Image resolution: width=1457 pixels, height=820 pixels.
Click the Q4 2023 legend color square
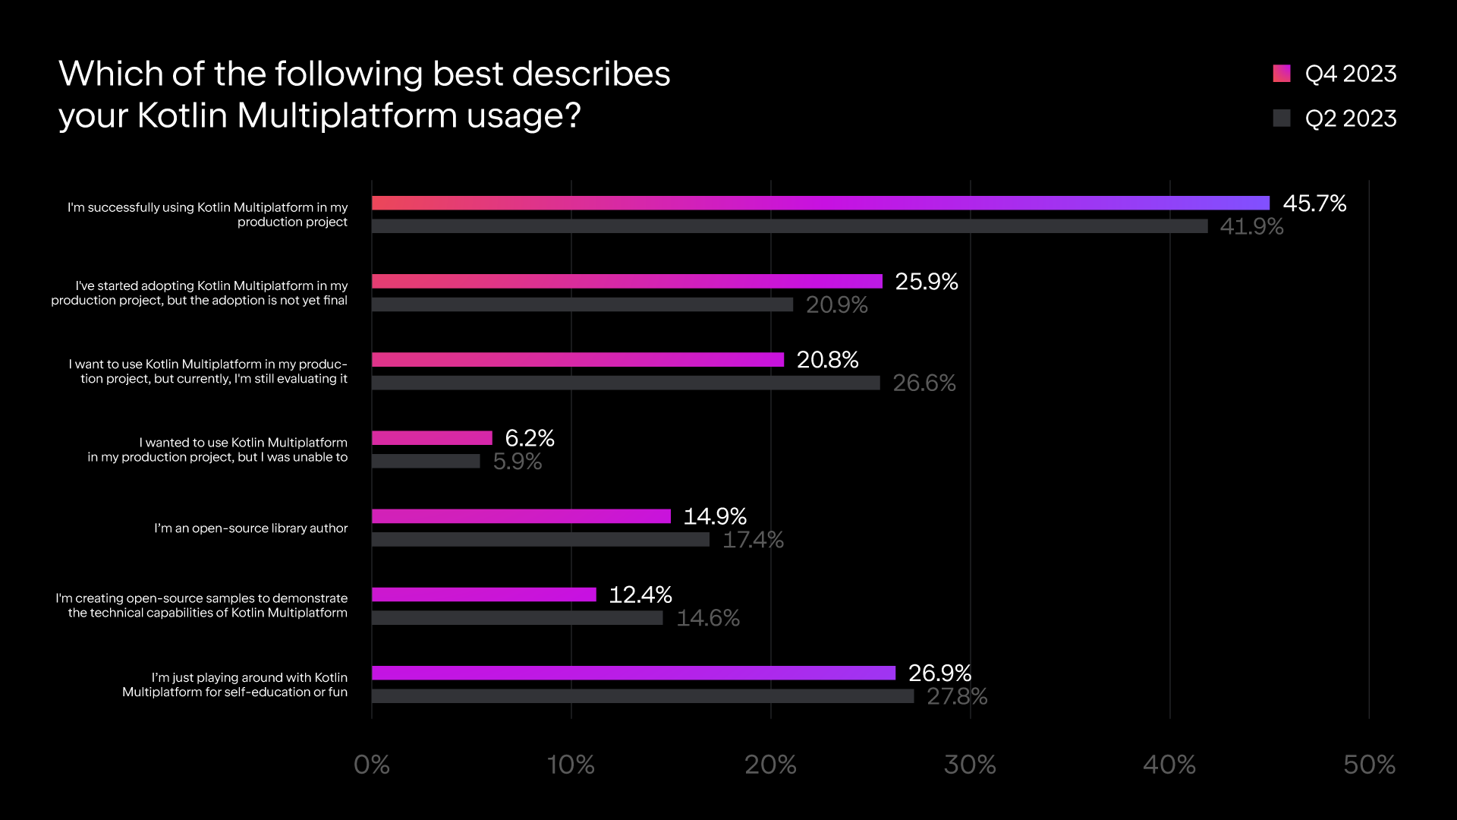pos(1282,74)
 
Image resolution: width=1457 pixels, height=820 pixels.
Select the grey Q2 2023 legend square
pos(1282,118)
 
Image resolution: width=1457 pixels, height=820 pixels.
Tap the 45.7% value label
pos(1314,203)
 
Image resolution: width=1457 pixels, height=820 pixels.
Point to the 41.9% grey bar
pos(789,226)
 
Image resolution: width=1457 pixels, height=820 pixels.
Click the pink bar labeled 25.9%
pos(627,282)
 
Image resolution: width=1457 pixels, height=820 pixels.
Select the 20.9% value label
pos(836,305)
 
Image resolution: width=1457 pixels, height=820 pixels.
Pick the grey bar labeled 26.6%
pos(625,383)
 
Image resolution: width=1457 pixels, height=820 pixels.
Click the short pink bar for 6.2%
pos(432,438)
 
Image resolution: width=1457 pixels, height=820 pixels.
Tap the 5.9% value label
pos(517,462)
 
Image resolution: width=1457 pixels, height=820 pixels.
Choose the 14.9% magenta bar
pos(521,516)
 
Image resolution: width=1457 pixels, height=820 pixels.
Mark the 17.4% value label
pos(753,540)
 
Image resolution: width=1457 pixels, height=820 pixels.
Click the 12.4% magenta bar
pos(484,594)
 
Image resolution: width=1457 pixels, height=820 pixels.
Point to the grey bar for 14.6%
pos(517,618)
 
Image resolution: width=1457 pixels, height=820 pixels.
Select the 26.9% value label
pos(939,673)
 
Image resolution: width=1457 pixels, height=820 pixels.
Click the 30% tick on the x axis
pos(970,765)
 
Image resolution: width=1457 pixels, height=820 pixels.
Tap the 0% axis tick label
pos(372,765)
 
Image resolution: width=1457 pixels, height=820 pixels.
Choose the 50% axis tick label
pos(1369,765)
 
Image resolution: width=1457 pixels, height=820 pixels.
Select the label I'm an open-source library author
pos(250,528)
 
